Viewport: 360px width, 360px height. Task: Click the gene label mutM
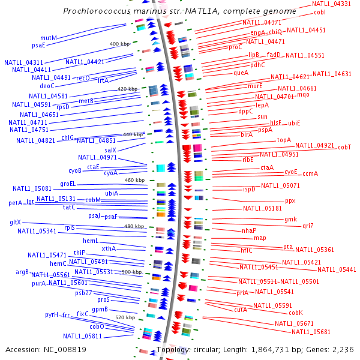49,38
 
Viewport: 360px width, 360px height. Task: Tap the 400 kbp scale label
119,44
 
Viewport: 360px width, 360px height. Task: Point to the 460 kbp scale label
134,180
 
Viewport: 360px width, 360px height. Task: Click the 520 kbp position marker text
125,317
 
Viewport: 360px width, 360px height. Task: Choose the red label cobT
344,147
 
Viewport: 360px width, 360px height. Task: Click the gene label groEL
68,184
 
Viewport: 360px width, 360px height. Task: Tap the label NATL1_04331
331,4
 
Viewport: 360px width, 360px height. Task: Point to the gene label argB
22,272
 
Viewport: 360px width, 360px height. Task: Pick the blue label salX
110,150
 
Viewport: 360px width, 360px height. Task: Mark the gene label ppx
290,201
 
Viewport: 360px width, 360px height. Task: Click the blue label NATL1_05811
83,336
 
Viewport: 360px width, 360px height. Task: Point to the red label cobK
296,313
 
